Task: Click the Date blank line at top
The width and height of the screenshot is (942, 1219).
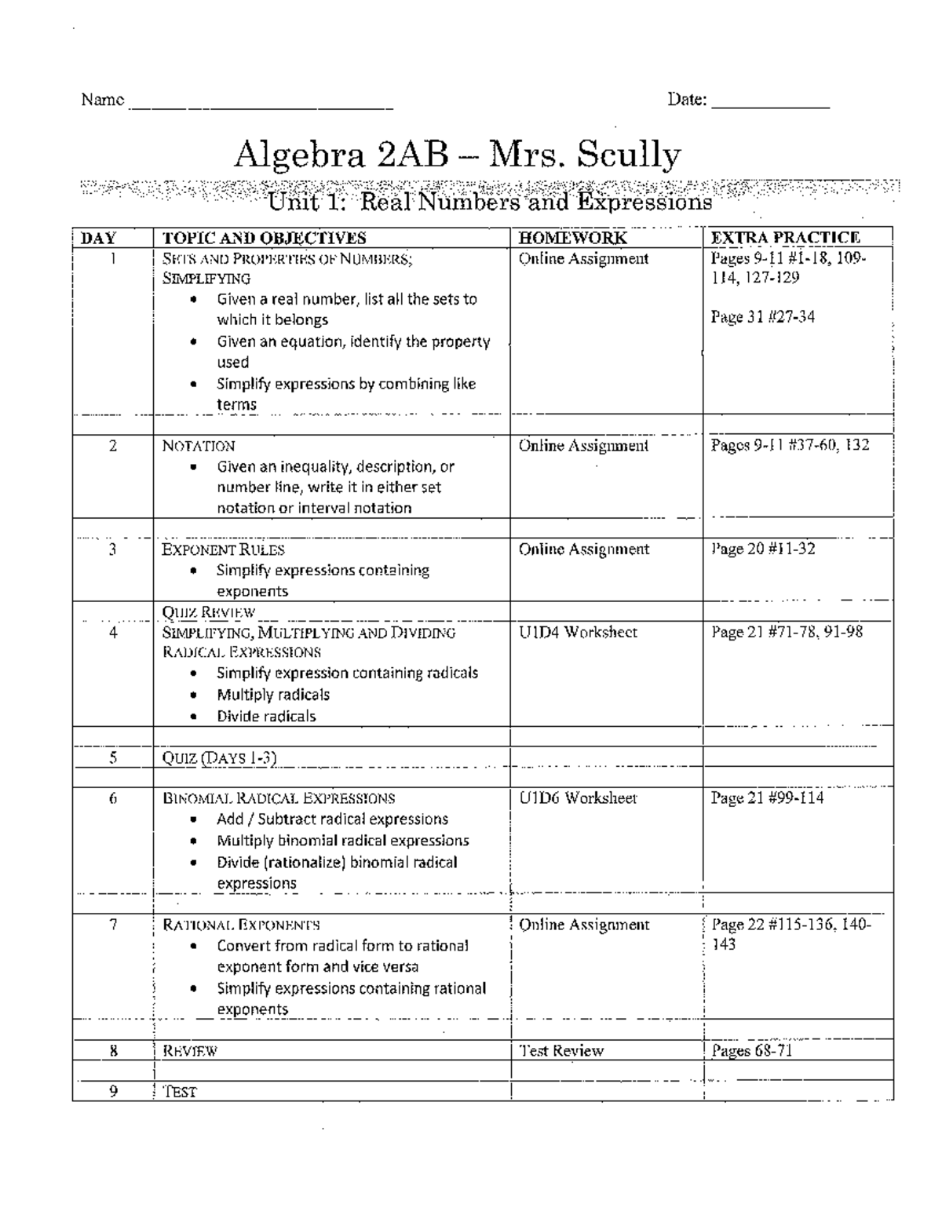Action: click(770, 104)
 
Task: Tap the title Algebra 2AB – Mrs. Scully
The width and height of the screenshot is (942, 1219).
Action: click(458, 155)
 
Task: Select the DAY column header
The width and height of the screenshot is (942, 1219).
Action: click(99, 238)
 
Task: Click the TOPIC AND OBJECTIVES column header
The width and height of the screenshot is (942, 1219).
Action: click(264, 238)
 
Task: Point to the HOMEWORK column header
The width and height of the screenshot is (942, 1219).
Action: click(572, 238)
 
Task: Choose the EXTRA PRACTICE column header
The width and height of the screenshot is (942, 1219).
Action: click(785, 238)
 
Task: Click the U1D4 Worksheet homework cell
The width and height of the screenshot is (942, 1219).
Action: click(578, 632)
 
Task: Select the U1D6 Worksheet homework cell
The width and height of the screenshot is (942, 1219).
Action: click(578, 798)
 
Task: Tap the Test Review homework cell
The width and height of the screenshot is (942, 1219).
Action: click(561, 1051)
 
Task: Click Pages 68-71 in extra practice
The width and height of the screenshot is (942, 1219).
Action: click(751, 1051)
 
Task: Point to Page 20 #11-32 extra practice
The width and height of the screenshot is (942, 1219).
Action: click(763, 549)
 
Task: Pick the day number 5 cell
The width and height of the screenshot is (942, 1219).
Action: click(113, 757)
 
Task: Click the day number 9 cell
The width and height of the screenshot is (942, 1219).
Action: click(113, 1091)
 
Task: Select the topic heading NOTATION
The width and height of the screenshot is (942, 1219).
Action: click(199, 446)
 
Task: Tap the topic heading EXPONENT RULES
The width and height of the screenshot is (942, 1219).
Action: click(223, 549)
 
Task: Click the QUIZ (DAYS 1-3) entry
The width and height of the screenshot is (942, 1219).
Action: click(219, 757)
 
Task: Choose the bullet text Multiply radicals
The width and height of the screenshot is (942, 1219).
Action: click(273, 695)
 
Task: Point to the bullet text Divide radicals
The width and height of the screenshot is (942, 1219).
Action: click(266, 716)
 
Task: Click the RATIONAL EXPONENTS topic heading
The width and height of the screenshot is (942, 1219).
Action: click(241, 925)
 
